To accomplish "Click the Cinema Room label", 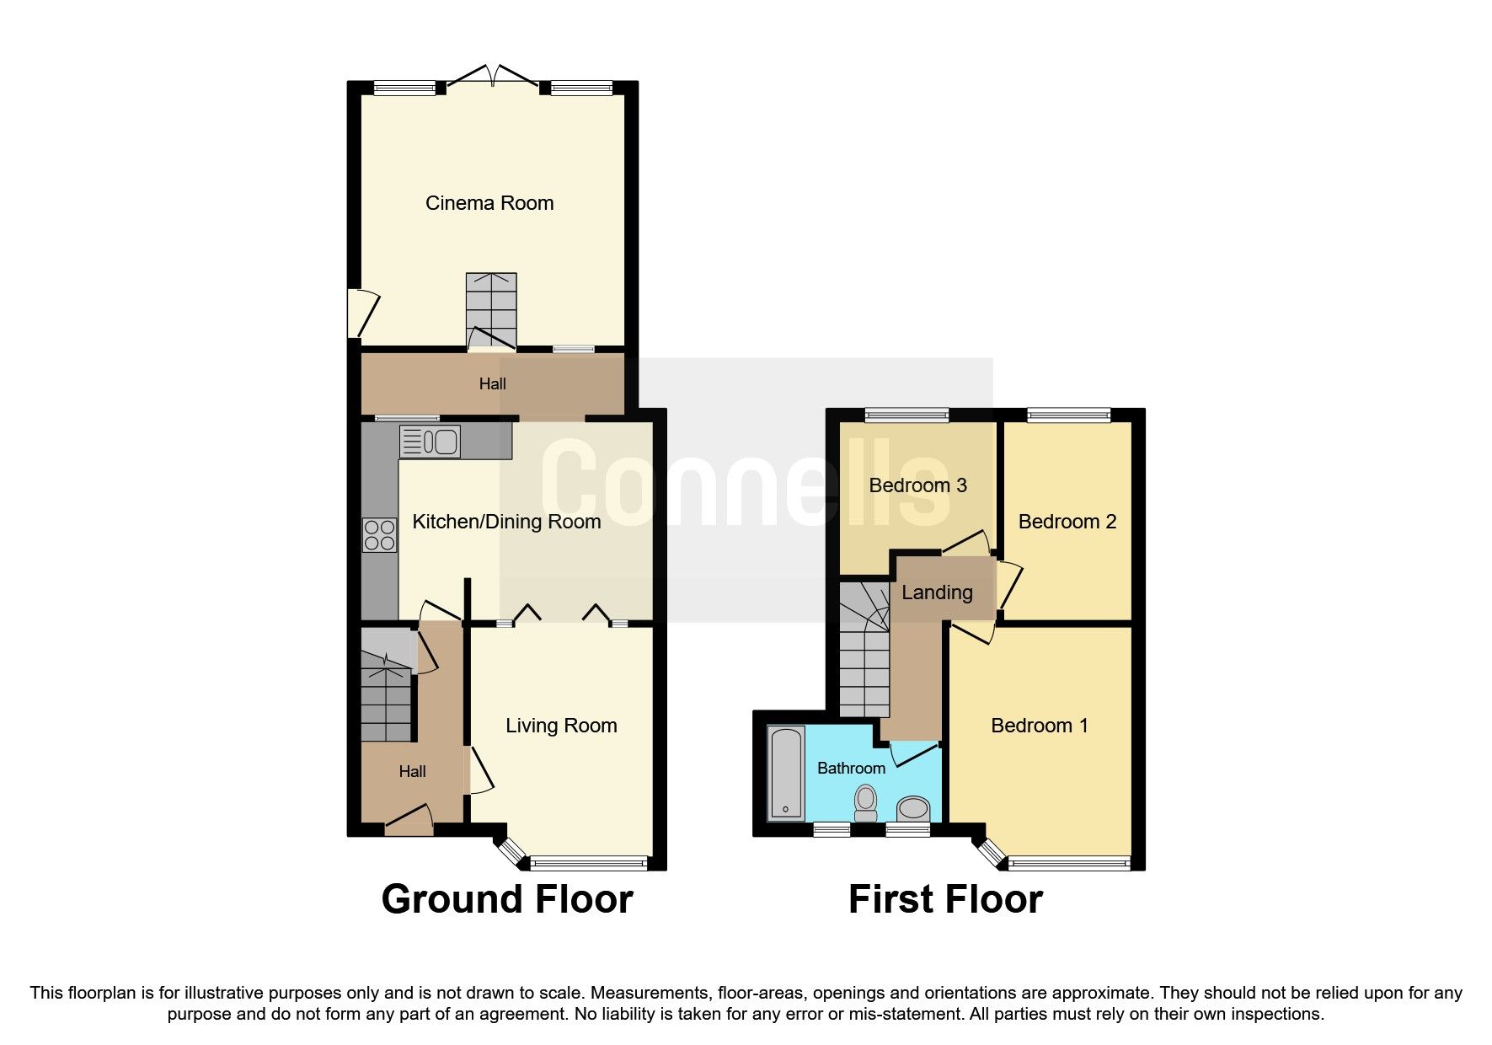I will [x=489, y=203].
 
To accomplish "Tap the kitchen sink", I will [x=430, y=442].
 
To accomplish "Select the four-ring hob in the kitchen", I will [x=379, y=534].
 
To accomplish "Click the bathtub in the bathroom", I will [x=787, y=772].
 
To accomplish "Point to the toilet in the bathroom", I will [x=865, y=802].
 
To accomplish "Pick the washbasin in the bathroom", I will [x=913, y=810].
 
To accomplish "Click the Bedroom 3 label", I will [x=917, y=485].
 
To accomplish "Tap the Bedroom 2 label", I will [x=1067, y=522].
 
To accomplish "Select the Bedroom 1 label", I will [x=1039, y=726].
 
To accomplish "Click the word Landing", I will [x=937, y=592].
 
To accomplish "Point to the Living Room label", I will [x=561, y=726].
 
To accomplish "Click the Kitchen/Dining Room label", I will [x=506, y=522].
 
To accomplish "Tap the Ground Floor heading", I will [x=507, y=899].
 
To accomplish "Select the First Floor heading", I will [x=945, y=899].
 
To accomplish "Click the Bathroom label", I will [x=851, y=768].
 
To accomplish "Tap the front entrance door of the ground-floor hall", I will [x=409, y=821].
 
